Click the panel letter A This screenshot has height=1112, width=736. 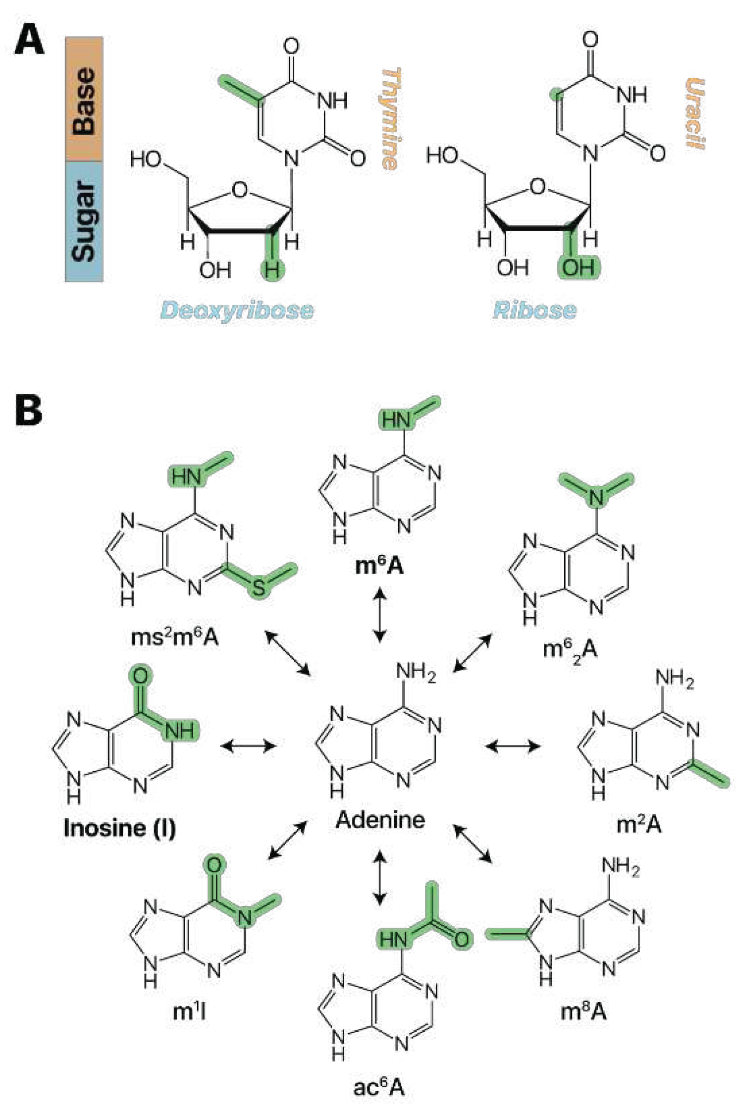pos(29,41)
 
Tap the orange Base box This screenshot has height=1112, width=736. pos(84,99)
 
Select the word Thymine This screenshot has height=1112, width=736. pos(391,119)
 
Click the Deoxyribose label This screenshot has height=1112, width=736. pos(237,311)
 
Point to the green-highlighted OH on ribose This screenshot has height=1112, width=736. pos(578,267)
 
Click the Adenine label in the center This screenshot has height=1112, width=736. pos(380,820)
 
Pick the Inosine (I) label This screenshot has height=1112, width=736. pos(119,827)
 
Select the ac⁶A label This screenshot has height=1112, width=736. pos(378,1088)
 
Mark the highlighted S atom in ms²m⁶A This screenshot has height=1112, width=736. pos(259,588)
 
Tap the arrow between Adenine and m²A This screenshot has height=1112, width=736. pos(513,745)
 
